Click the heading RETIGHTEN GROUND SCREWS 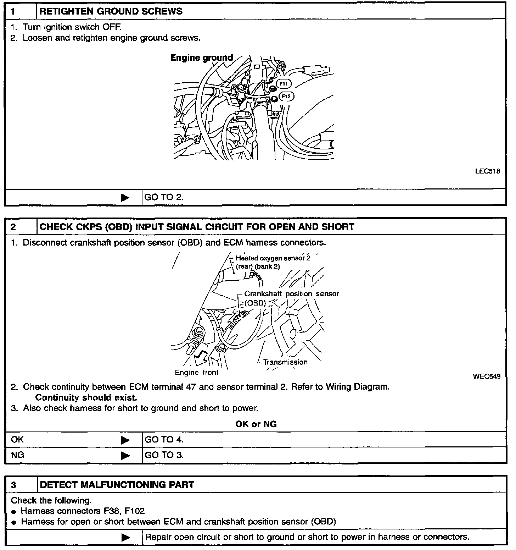111,11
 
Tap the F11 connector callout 283,84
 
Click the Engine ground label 201,57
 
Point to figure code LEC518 488,171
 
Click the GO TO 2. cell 164,197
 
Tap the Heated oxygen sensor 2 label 273,258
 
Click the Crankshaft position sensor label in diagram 291,294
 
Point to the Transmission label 285,362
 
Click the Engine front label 197,373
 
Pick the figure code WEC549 487,376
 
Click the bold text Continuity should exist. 86,397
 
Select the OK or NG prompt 256,424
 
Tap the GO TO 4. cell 164,440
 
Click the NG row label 18,455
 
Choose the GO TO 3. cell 164,455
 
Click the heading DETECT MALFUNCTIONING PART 117,485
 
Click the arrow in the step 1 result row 125,198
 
